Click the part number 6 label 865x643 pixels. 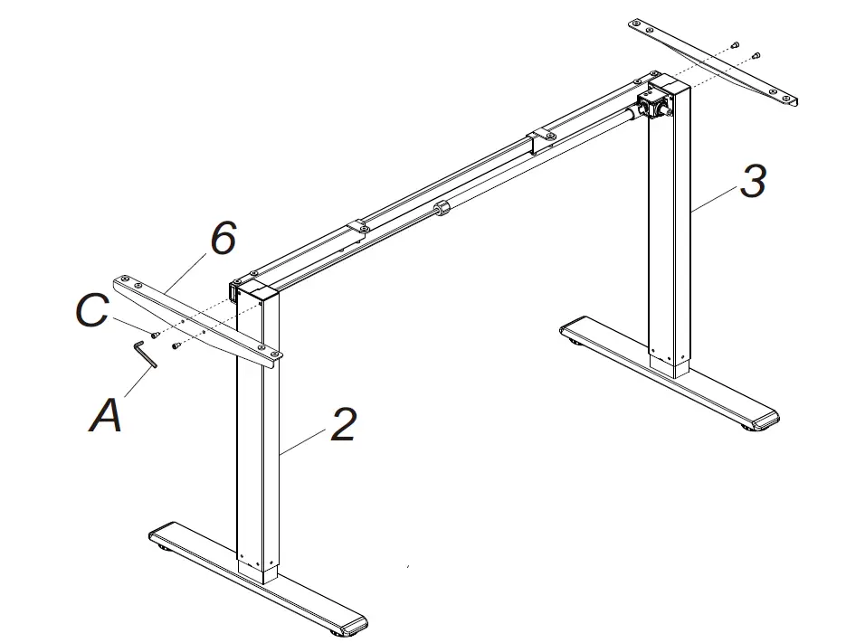pyautogui.click(x=223, y=239)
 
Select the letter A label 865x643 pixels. pyautogui.click(x=106, y=417)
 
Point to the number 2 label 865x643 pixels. pyautogui.click(x=343, y=425)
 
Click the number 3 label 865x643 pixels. pyautogui.click(x=752, y=181)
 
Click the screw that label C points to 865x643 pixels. pyautogui.click(x=155, y=334)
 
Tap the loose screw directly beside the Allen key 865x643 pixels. pyautogui.click(x=176, y=344)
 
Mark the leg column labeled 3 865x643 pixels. pyautogui.click(x=670, y=235)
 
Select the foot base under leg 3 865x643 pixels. pyautogui.click(x=670, y=371)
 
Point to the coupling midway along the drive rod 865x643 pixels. pyautogui.click(x=442, y=209)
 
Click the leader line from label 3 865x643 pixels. pyautogui.click(x=715, y=196)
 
